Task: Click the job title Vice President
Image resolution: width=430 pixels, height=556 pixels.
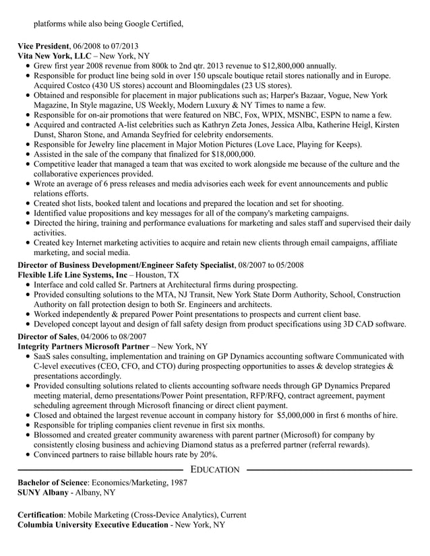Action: pos(43,45)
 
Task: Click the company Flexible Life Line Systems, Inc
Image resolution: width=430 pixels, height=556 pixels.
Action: pos(72,275)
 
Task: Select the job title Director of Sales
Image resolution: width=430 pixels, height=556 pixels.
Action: pos(47,336)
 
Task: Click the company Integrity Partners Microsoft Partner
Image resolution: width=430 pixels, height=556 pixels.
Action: pos(84,346)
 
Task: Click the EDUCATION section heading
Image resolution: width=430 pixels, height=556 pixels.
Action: pos(214,469)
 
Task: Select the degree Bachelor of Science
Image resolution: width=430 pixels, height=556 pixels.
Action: pos(52,483)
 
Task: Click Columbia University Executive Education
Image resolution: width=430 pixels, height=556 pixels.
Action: pos(92,525)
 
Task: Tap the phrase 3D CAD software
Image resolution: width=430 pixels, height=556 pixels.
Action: pos(375,324)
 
